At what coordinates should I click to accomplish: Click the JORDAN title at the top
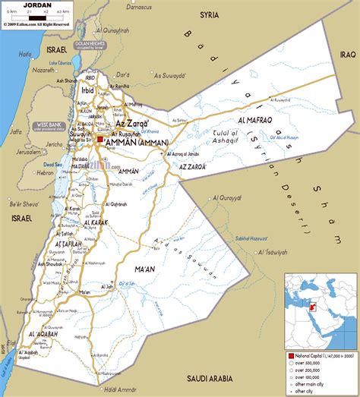38,5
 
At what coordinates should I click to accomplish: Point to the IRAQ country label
347,54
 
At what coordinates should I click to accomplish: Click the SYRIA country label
209,14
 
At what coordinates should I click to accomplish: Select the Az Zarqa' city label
131,121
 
